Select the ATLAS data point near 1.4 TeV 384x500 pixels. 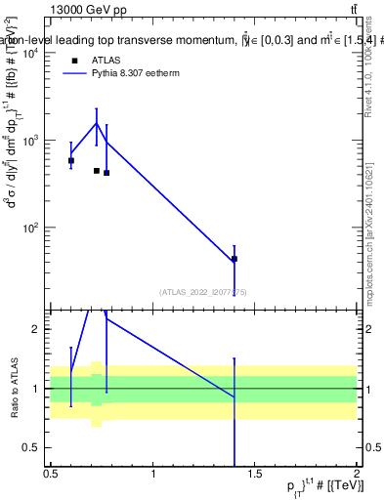click(x=235, y=259)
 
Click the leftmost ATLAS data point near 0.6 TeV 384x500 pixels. click(x=71, y=160)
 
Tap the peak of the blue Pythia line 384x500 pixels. click(x=96, y=123)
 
